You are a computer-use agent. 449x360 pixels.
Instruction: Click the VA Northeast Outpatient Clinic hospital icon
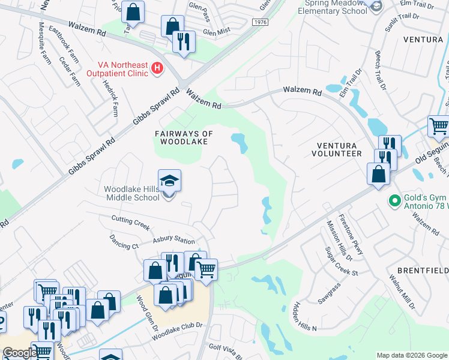[157, 69]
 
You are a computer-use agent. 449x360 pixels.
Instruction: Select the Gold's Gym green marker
[394, 200]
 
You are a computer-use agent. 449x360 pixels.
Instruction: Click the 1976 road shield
[260, 22]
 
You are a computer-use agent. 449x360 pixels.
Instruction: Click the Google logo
[19, 353]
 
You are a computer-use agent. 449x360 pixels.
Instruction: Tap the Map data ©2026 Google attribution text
[412, 355]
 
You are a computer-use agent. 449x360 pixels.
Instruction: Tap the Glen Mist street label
[217, 32]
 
